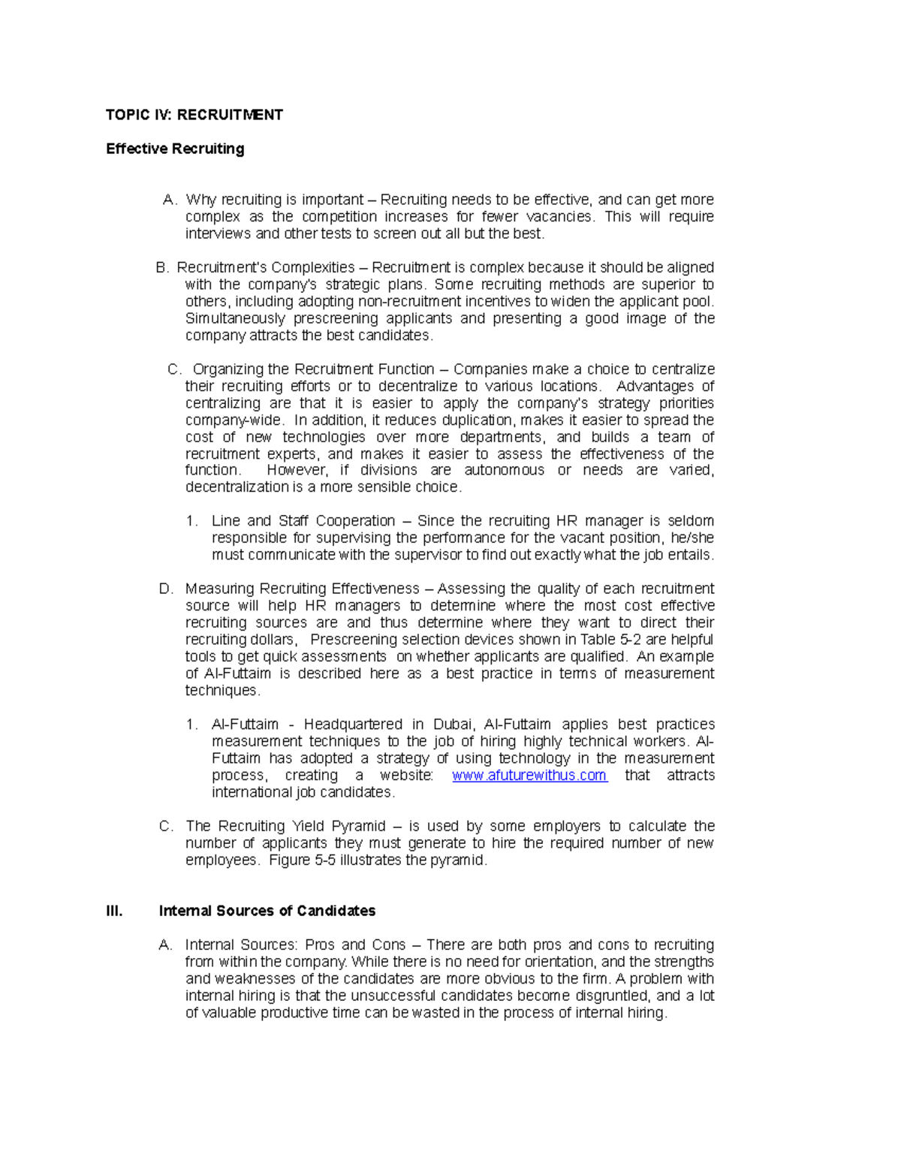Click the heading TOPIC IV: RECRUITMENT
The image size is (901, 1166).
point(194,115)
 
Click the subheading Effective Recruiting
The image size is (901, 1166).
point(175,149)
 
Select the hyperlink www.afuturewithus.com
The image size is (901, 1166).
point(529,776)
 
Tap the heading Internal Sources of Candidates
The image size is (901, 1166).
point(267,911)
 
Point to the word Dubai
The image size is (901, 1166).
point(453,725)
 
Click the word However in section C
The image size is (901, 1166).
point(297,471)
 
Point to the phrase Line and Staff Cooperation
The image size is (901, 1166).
point(303,521)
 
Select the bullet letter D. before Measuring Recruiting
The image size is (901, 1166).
point(166,589)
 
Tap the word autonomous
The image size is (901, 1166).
point(504,471)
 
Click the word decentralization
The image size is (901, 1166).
point(237,487)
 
